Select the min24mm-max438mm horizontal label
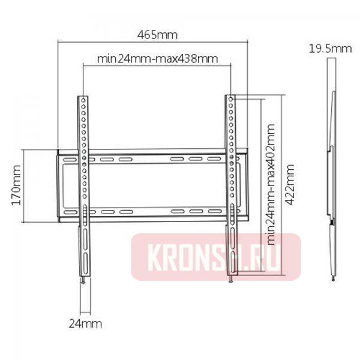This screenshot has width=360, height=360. (x=157, y=59)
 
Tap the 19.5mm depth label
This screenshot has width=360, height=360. (x=330, y=49)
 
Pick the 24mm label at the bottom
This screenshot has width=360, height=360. (x=85, y=324)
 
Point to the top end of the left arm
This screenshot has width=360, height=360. (x=84, y=96)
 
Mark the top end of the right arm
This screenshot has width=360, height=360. (x=231, y=96)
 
